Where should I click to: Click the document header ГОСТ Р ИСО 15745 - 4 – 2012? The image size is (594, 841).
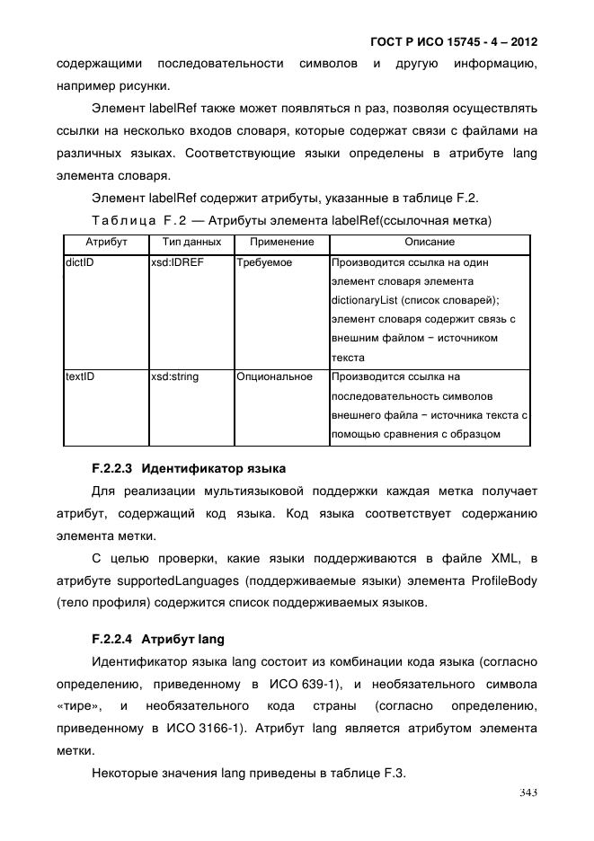tap(453, 42)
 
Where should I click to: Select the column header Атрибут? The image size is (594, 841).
tap(106, 243)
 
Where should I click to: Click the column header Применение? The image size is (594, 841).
tap(281, 243)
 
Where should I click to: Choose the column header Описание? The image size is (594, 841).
tap(429, 243)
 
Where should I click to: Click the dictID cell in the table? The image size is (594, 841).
tap(80, 263)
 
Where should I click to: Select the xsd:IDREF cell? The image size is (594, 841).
tap(175, 263)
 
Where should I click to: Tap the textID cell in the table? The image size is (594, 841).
tap(80, 376)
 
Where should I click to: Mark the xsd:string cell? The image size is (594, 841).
tap(174, 376)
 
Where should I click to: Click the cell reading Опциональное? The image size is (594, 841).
tap(274, 376)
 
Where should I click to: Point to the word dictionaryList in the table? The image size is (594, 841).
tap(364, 301)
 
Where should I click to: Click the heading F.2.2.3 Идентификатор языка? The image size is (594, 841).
tap(189, 468)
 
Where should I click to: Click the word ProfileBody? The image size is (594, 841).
tap(503, 581)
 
